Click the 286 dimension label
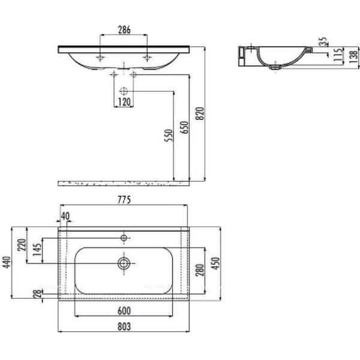(124, 30)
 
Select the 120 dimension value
(124, 102)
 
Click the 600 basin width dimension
(124, 311)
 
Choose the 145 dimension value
(37, 252)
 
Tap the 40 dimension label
(65, 216)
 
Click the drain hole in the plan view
(124, 263)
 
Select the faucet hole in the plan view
(124, 238)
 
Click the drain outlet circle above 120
(124, 91)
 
